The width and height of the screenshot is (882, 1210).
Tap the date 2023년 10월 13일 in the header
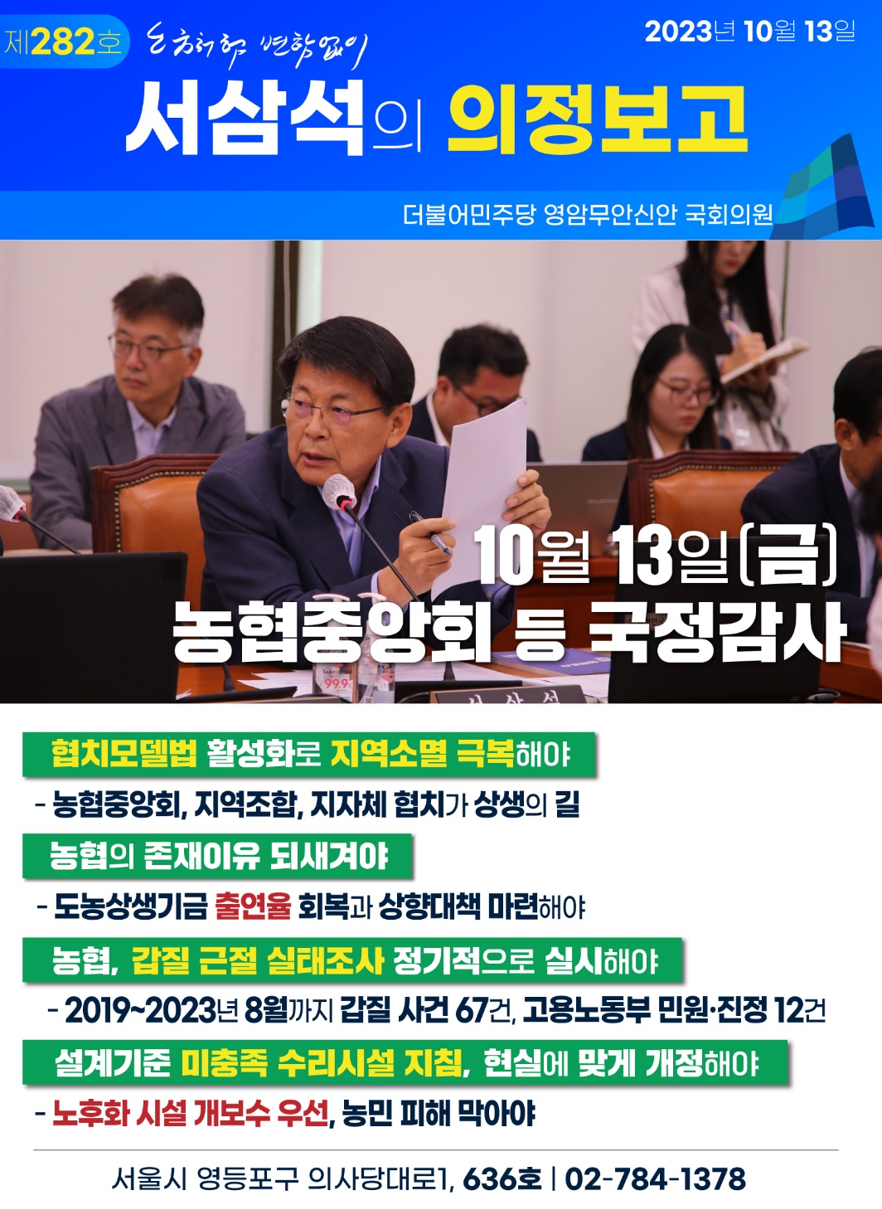pyautogui.click(x=750, y=31)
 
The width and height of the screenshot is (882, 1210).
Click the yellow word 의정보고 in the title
pyautogui.click(x=598, y=119)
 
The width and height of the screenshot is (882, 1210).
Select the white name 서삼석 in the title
pyautogui.click(x=245, y=119)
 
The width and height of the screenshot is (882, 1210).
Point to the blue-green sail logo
pyautogui.click(x=826, y=187)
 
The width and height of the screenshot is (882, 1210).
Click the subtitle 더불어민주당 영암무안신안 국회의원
pyautogui.click(x=588, y=215)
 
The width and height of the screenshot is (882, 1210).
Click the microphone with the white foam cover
pyautogui.click(x=340, y=492)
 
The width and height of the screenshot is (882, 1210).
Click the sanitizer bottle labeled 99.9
pyautogui.click(x=335, y=682)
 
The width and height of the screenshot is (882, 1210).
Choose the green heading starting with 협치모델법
pyautogui.click(x=308, y=754)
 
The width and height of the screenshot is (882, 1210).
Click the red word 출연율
pyautogui.click(x=253, y=906)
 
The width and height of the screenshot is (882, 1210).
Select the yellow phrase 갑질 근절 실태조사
pyautogui.click(x=258, y=960)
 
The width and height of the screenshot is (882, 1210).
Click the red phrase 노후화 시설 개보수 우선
pyautogui.click(x=191, y=1113)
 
